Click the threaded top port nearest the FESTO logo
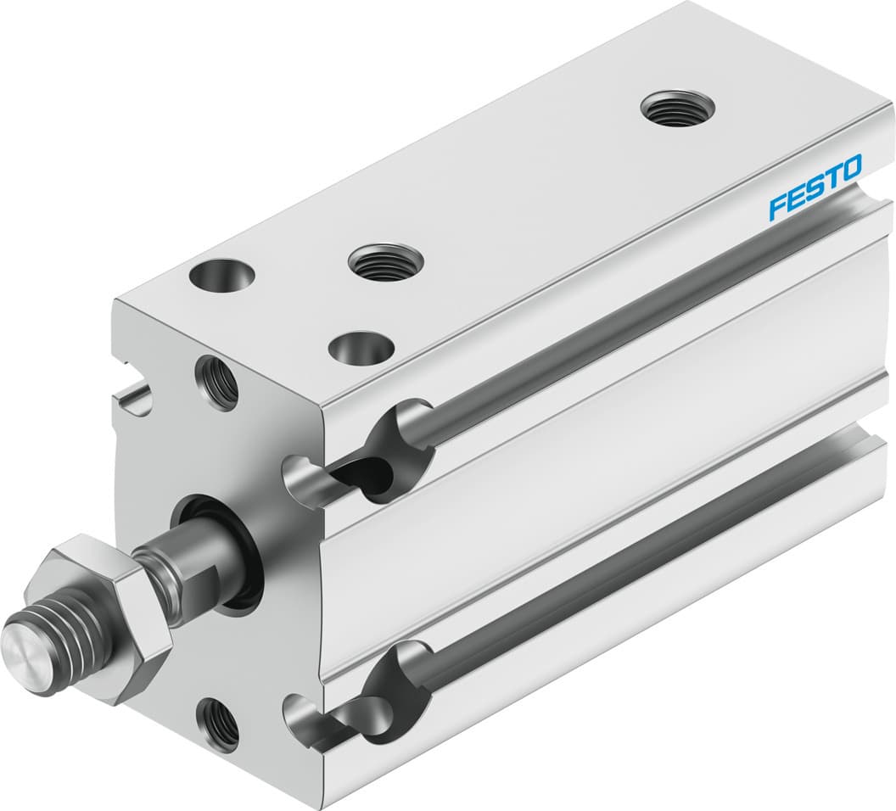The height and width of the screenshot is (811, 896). (x=676, y=109)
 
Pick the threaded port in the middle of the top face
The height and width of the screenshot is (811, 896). (x=385, y=261)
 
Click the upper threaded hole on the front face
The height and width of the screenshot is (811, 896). (x=217, y=382)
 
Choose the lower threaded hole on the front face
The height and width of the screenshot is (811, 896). (x=217, y=722)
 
